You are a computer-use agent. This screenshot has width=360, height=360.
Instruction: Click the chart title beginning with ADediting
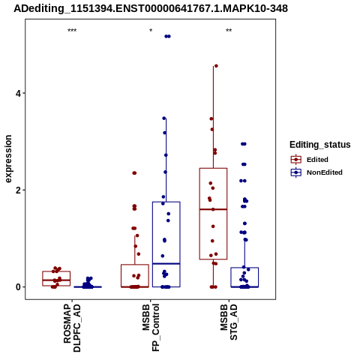click(x=151, y=9)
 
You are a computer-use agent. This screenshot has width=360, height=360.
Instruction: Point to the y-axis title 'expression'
click(x=8, y=159)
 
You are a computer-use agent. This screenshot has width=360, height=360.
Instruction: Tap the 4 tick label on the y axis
click(x=18, y=94)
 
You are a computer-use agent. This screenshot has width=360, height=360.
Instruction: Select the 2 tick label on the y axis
click(x=18, y=190)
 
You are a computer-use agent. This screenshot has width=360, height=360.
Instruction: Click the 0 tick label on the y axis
click(x=18, y=287)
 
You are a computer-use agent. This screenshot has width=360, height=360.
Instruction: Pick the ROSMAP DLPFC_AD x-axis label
click(x=72, y=328)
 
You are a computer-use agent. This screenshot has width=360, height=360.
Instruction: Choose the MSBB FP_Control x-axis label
click(x=151, y=328)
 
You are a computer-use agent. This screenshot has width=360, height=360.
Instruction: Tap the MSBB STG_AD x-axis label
click(x=229, y=322)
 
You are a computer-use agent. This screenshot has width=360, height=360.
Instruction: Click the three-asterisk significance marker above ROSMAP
click(x=72, y=31)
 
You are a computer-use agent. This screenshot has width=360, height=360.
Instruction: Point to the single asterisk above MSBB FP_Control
click(x=151, y=31)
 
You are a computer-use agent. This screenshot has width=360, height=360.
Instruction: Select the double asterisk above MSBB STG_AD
click(x=229, y=31)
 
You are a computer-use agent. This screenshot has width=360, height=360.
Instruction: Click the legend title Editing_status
click(x=320, y=145)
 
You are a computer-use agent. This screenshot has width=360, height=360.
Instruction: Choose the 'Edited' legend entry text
click(x=317, y=160)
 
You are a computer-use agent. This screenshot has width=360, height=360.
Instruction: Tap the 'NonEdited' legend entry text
click(x=325, y=172)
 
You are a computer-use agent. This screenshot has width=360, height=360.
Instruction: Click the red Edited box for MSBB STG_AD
click(x=213, y=168)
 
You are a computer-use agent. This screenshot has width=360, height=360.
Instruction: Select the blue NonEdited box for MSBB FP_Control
click(x=166, y=202)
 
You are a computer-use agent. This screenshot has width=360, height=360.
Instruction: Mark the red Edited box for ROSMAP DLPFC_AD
click(x=56, y=271)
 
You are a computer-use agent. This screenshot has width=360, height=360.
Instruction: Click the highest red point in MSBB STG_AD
click(x=216, y=66)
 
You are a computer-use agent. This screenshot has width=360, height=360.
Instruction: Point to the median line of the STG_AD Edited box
click(x=213, y=209)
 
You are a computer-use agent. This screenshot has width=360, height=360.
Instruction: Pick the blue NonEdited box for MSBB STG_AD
click(x=244, y=268)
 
